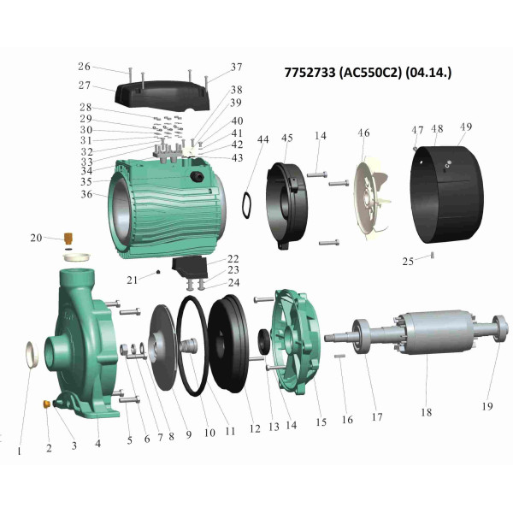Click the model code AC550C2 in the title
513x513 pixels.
[370, 73]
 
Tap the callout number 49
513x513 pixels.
[466, 127]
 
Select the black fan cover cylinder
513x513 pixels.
[447, 195]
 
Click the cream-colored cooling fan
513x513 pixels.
[371, 200]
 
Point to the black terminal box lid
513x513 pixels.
[162, 96]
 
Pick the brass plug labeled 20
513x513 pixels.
[68, 239]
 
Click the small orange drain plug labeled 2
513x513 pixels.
[46, 404]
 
